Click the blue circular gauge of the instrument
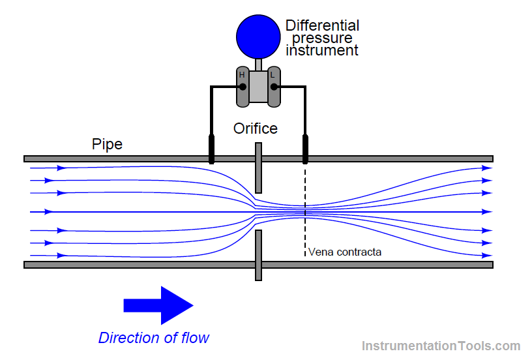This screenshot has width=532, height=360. [258, 37]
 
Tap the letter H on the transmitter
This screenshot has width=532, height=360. [242, 74]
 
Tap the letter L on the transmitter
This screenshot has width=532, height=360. [272, 74]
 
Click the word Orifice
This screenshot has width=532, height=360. [256, 128]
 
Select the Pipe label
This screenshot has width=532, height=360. [107, 144]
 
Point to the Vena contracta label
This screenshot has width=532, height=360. [345, 252]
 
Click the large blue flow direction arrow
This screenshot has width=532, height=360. [158, 305]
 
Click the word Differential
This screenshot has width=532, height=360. [322, 25]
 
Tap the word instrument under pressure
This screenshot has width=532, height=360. [322, 51]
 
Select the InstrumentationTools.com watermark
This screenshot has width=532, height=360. [441, 346]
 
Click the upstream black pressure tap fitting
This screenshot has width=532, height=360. [211, 149]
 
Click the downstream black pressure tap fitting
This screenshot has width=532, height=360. [305, 149]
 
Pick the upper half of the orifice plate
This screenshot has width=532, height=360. [258, 168]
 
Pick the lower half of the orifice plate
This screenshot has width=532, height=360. [258, 255]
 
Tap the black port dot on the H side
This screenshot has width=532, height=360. [243, 87]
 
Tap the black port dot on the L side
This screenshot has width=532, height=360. [274, 87]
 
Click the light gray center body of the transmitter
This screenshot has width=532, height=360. [259, 87]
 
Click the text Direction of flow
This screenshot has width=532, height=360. [154, 338]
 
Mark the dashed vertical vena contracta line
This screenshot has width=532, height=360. [305, 211]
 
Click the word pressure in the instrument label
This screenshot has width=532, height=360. [322, 38]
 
